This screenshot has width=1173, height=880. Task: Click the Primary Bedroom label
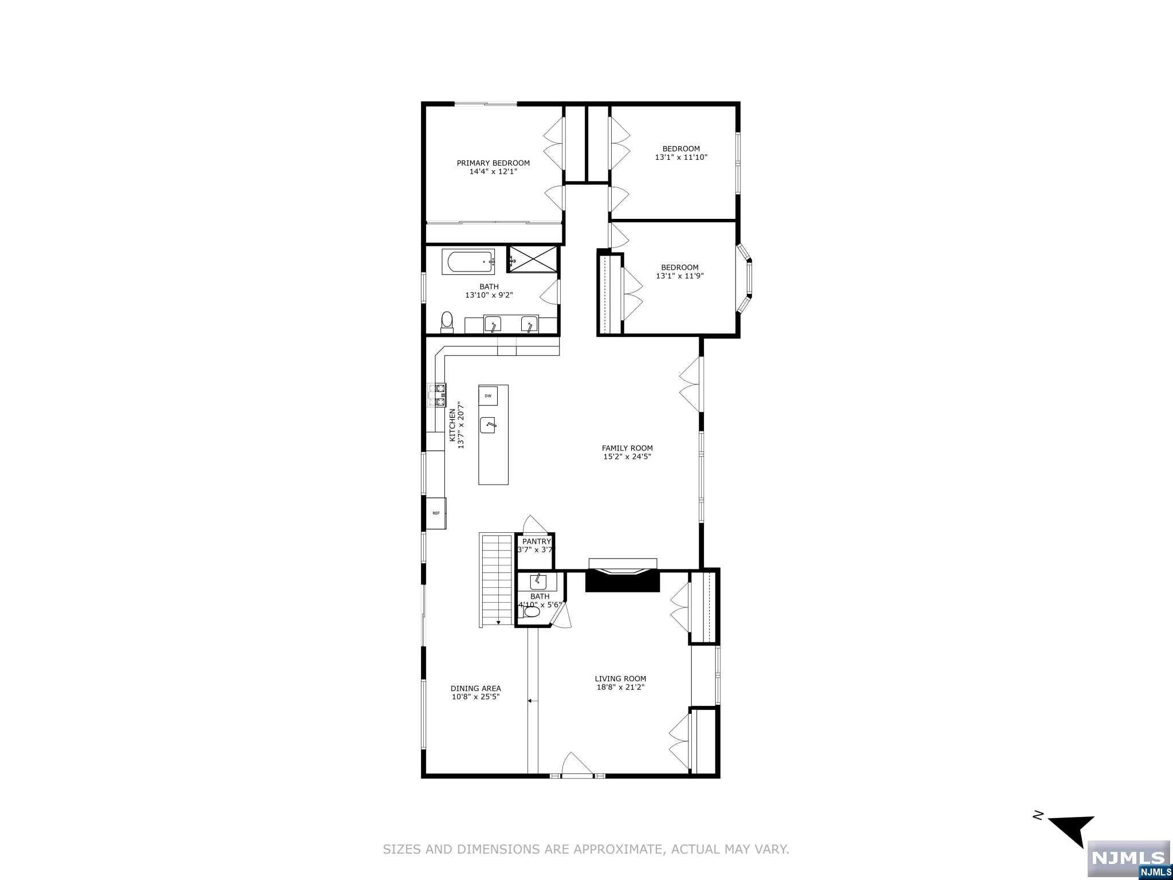[x=493, y=163]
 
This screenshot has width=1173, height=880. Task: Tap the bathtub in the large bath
[x=469, y=262]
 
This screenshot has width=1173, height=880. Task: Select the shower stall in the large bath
[x=532, y=261]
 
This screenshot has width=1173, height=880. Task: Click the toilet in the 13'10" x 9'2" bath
[x=447, y=321]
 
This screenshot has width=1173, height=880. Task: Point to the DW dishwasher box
[x=488, y=395]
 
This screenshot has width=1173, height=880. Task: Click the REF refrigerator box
[x=436, y=513]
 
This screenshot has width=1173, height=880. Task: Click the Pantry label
[x=537, y=541]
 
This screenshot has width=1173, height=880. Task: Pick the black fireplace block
[x=623, y=580]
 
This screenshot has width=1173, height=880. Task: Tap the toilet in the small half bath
[x=530, y=612]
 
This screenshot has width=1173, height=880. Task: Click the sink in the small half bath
[x=537, y=582]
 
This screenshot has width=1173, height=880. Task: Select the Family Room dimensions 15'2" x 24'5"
[x=627, y=457]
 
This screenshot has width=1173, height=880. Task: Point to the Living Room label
[x=620, y=679]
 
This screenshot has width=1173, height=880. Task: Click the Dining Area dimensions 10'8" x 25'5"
[x=476, y=697]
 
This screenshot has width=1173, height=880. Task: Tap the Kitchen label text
[x=452, y=425]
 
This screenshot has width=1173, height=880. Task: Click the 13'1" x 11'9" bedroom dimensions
[x=680, y=276]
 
